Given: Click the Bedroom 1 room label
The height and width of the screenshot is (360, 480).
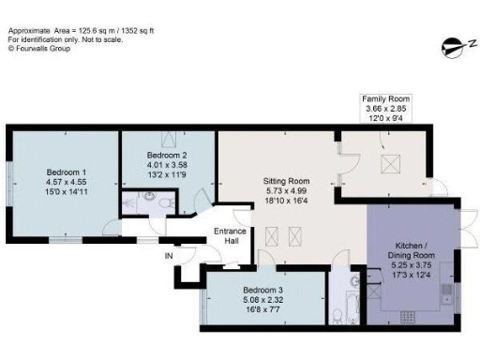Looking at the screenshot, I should [x=67, y=172].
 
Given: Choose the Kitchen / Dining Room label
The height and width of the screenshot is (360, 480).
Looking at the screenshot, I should [x=412, y=250].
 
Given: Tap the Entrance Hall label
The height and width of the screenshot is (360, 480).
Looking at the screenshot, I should [x=230, y=236].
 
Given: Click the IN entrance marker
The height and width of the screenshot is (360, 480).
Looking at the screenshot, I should [x=169, y=255].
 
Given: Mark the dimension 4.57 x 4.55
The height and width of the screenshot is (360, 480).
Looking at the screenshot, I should [x=67, y=183].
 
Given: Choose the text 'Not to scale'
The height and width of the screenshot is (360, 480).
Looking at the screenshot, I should [x=99, y=38].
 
